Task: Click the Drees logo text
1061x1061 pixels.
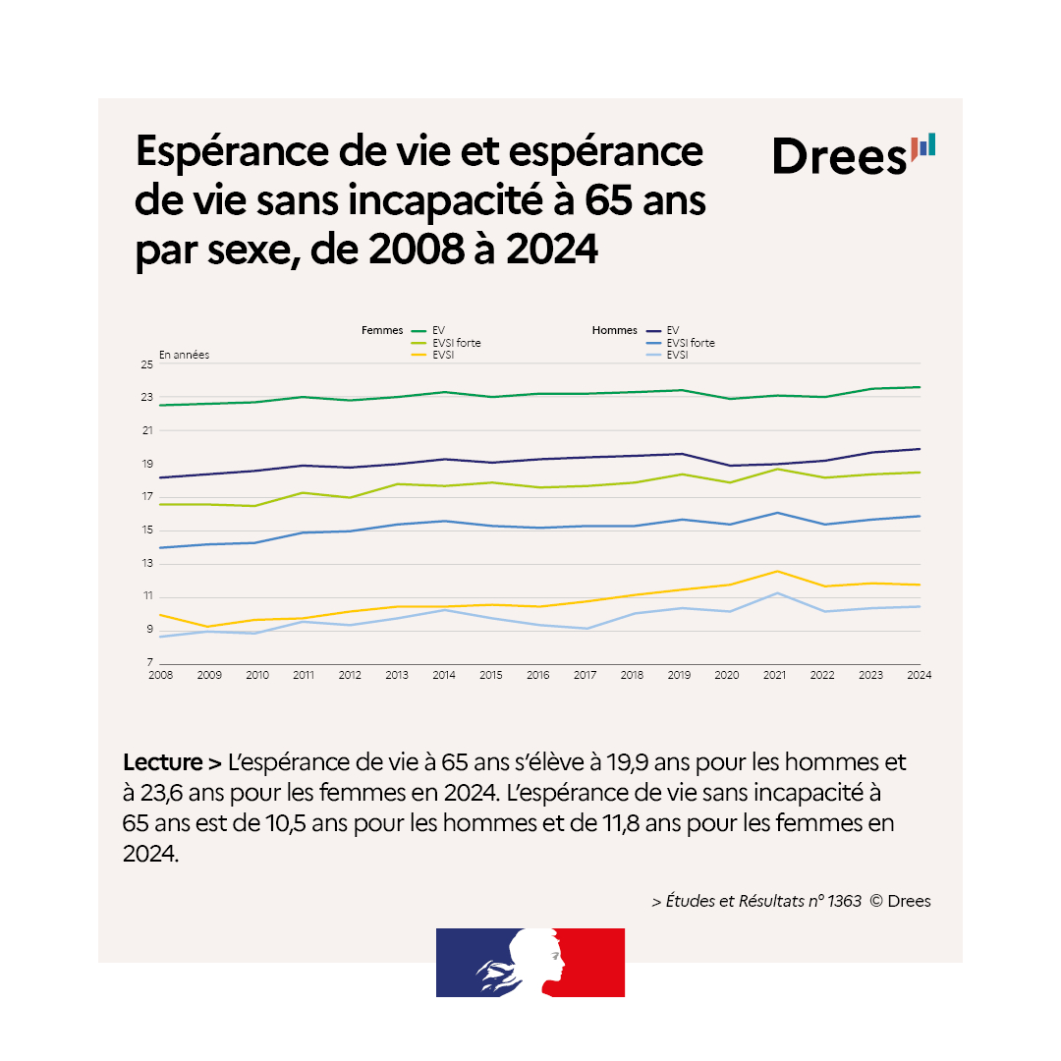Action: pos(839,156)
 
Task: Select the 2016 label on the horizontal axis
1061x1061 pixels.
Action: pos(539,675)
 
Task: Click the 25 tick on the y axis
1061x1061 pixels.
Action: pos(146,364)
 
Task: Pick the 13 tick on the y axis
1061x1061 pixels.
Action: pos(146,564)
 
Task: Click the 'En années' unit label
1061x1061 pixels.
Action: pos(184,355)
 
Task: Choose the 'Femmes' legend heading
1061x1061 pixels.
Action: pos(383,331)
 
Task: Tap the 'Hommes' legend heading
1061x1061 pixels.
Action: pos(615,331)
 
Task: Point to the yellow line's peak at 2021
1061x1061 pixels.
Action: pos(778,571)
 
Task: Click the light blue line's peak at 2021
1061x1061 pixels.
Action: pos(778,593)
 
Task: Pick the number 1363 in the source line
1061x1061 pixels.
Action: pos(844,901)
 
